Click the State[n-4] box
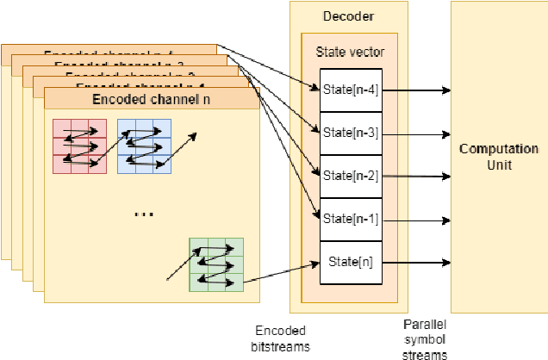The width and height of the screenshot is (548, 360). point(350,90)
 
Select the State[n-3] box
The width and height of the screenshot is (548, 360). point(350,133)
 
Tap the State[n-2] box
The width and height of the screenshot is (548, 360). point(350,176)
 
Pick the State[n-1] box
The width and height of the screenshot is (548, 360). point(350,219)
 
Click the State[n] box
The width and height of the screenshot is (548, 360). point(350,261)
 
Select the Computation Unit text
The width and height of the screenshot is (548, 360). point(499,157)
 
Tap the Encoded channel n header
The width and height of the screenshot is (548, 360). point(151,99)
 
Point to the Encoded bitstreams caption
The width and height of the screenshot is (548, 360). point(282,337)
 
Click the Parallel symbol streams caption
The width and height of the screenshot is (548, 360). point(427,337)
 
